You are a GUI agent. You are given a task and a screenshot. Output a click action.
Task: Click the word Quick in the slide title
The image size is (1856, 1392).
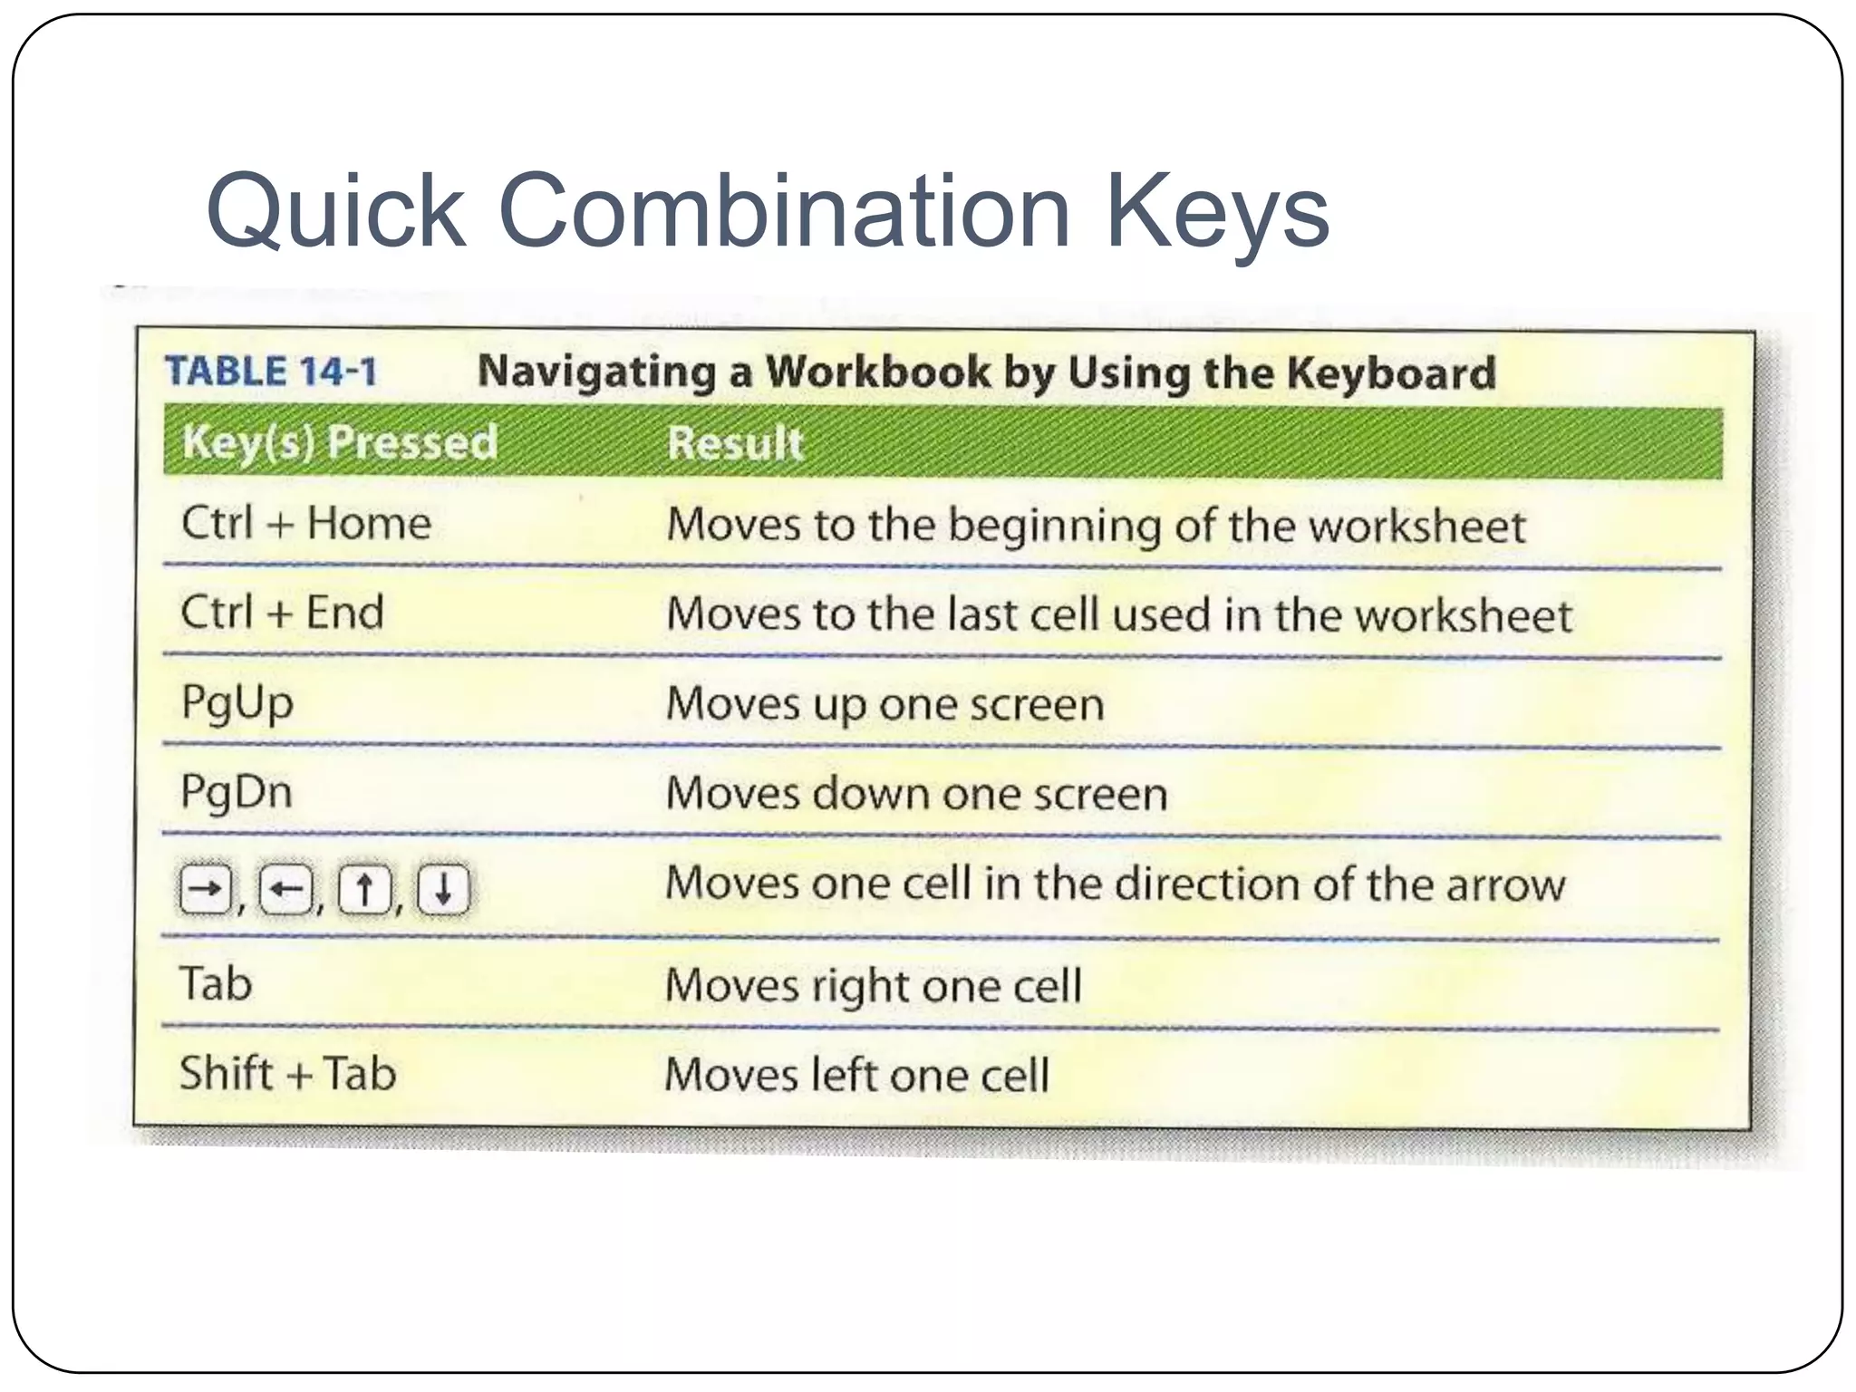coord(336,213)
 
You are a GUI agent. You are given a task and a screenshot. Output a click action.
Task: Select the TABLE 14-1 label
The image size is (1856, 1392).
coord(270,372)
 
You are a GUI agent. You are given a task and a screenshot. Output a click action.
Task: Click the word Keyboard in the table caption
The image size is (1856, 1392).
coord(1390,373)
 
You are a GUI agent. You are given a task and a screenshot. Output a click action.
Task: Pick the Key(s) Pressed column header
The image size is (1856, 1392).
coord(340,443)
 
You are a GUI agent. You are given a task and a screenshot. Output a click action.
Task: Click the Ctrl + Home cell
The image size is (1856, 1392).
coord(306,524)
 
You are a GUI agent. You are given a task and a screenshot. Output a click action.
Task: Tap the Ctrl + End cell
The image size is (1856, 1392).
coord(282,613)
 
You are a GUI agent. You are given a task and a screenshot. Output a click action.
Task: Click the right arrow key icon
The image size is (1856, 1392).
coord(206,890)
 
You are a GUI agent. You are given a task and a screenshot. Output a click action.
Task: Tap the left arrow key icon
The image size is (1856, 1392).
coord(285,890)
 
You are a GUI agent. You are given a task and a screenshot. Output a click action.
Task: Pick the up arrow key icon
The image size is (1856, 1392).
coord(364,890)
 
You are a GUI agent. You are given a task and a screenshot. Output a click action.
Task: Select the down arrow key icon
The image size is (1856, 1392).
coord(443,890)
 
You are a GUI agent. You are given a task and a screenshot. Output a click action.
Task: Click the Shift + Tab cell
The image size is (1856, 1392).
coord(287,1074)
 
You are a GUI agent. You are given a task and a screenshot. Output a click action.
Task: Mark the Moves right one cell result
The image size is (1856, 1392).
coord(873,986)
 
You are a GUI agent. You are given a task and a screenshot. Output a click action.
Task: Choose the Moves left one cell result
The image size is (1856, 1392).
coord(856,1076)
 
